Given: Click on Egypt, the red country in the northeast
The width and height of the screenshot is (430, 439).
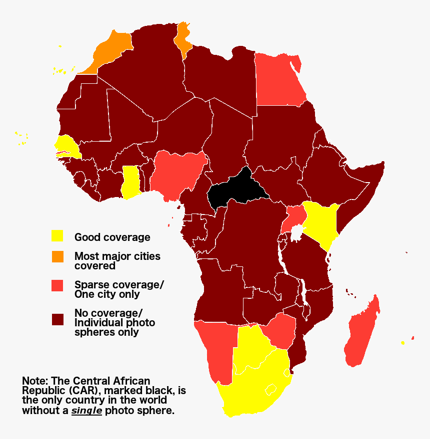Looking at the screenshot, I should [x=277, y=80].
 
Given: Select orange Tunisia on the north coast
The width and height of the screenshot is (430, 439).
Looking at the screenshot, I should [x=184, y=40].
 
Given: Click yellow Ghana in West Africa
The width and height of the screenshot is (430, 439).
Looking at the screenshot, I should [x=131, y=182].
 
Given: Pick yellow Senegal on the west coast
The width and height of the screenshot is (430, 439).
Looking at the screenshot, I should [x=67, y=146].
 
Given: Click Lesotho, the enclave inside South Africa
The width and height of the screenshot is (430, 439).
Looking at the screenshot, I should [x=271, y=389].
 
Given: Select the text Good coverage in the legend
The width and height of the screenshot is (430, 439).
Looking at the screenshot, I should [x=112, y=237].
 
